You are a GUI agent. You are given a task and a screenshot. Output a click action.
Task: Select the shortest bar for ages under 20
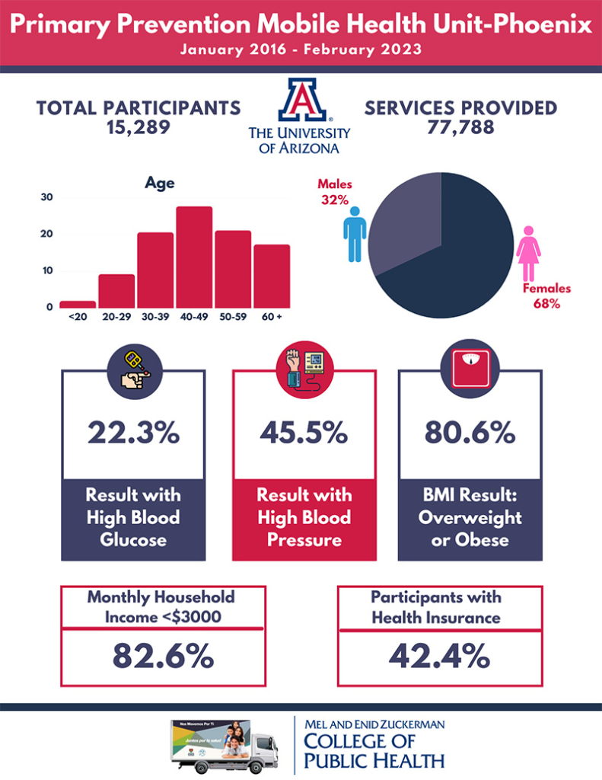coord(78,304)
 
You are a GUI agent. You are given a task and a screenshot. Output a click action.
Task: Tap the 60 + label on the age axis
coord(272,316)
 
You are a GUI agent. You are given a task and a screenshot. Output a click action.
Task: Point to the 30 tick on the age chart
coord(47,197)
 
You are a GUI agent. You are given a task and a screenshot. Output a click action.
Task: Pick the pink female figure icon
coord(528,251)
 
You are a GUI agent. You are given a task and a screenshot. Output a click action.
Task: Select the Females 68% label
coord(546,296)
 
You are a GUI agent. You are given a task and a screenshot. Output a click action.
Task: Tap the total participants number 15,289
coord(139,126)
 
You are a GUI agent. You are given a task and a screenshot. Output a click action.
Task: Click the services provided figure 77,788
coord(460,126)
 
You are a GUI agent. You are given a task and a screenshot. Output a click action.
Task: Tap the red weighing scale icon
coord(470,374)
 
